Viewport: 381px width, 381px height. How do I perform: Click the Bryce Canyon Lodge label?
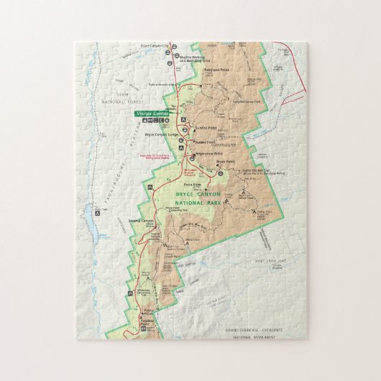[161, 134]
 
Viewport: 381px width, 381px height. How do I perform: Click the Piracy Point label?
[148, 311]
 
